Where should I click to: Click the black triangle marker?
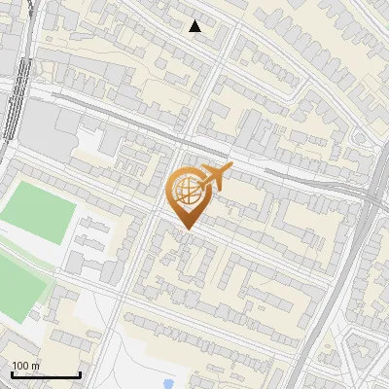(x=195, y=26)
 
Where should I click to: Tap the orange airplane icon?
(x=213, y=177)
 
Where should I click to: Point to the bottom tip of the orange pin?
(x=186, y=229)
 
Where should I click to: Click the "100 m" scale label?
(x=26, y=366)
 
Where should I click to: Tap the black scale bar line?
(x=46, y=375)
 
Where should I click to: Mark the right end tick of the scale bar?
(x=80, y=373)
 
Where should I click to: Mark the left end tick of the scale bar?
(x=12, y=373)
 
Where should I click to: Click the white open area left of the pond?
(x=136, y=360)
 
